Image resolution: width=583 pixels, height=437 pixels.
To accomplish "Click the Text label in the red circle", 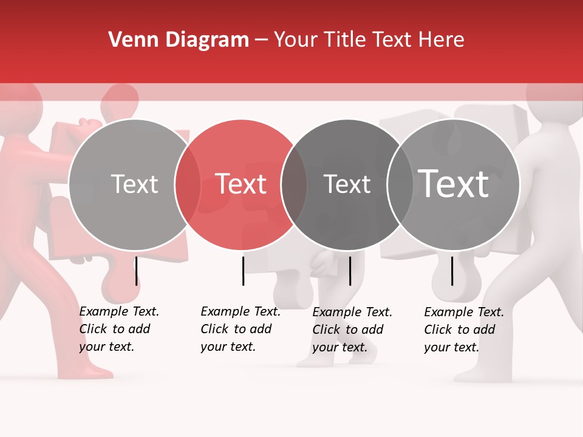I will coord(241,184).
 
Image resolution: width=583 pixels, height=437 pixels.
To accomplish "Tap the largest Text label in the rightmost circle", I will coord(454,184).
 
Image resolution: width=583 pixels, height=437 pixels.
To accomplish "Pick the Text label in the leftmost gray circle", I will coord(134,184).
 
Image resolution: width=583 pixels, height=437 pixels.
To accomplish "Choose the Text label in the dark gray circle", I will coord(347,184).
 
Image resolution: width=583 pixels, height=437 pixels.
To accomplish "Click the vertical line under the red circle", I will coord(243,271).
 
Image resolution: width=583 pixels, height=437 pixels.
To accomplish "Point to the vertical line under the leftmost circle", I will coord(137,271).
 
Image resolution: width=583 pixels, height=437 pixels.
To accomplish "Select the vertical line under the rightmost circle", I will coord(452,271).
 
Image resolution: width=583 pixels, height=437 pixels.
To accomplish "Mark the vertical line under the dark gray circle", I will coord(350,271).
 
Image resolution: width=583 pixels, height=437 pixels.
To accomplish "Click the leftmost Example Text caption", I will coord(118,329).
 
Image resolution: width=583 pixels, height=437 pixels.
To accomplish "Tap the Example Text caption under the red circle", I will coord(240,329).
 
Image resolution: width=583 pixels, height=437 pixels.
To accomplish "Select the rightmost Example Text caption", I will coord(463,330).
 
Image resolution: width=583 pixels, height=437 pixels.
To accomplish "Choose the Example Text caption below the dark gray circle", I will coord(352,330).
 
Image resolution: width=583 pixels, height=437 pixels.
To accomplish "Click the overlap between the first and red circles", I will coord(188,185).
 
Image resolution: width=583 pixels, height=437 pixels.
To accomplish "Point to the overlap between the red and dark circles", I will coord(294,185).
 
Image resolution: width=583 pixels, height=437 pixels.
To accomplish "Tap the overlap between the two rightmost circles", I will coord(400,185).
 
